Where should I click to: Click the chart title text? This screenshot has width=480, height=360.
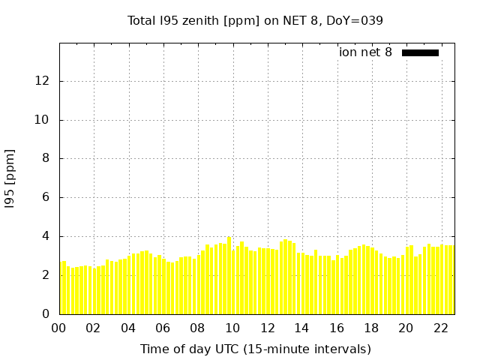(x=255, y=21)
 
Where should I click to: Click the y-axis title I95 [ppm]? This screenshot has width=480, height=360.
(x=10, y=178)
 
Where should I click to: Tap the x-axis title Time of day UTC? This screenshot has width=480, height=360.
(x=255, y=349)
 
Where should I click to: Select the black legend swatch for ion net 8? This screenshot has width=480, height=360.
(x=420, y=52)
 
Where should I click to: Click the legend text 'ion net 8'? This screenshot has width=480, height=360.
(x=365, y=52)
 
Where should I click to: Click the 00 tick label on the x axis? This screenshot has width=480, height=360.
(x=59, y=328)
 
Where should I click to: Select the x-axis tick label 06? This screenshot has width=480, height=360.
(x=163, y=328)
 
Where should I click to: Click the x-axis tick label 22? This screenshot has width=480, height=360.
(x=441, y=328)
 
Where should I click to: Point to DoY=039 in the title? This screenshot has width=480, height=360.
(x=355, y=21)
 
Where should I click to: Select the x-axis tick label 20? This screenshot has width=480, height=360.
(x=406, y=328)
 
